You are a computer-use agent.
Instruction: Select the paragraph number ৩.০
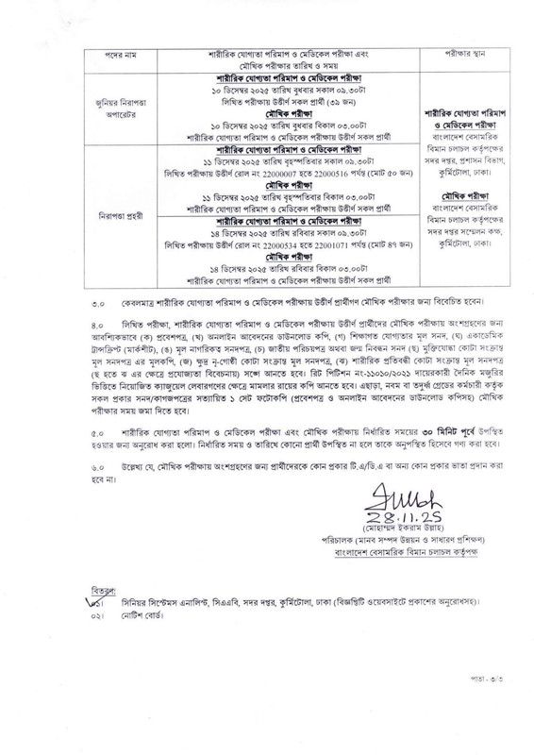(x=98, y=281)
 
